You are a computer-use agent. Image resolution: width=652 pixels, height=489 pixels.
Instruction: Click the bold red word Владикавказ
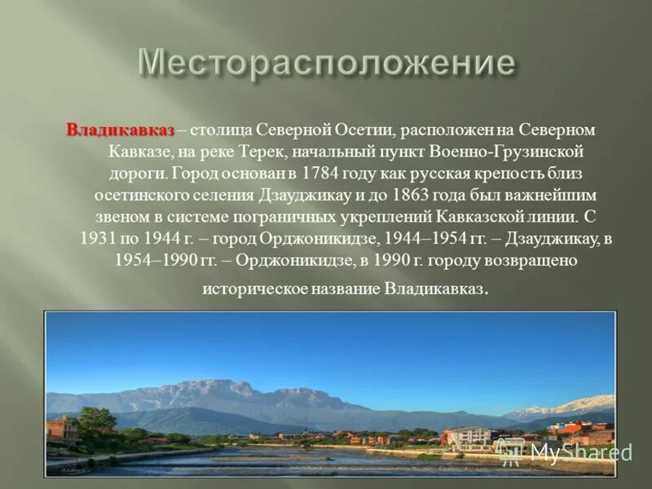tap(120, 130)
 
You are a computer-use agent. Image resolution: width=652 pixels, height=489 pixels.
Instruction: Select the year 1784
tap(319, 174)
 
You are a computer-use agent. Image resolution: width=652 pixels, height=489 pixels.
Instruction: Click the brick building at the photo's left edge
tap(60, 429)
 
